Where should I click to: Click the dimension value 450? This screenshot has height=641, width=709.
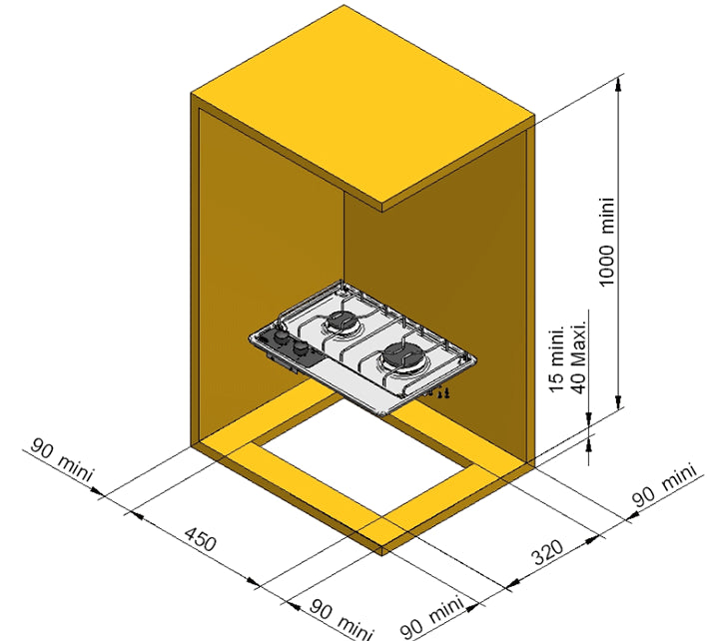pos(201,538)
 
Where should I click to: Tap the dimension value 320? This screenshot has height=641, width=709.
pos(547,552)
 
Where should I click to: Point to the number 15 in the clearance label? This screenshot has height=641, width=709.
pos(557,382)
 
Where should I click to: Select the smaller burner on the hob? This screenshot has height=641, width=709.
pos(342,321)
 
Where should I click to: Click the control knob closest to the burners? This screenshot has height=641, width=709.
pos(300,347)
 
